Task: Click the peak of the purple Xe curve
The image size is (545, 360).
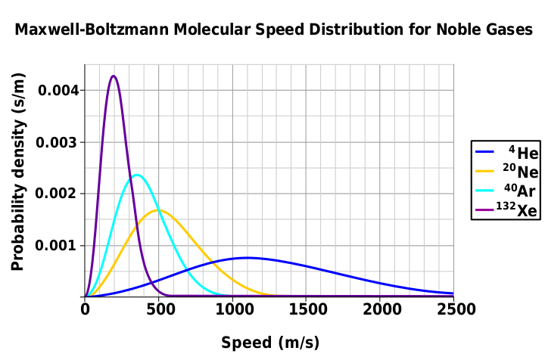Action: click(x=114, y=76)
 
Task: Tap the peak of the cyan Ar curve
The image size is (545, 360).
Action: click(x=136, y=175)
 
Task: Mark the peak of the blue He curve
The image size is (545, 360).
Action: click(x=247, y=258)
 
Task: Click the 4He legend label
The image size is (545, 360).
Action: click(x=524, y=152)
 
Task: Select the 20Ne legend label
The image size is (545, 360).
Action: click(x=520, y=171)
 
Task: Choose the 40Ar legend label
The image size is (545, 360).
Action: click(x=519, y=190)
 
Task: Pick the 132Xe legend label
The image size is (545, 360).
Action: click(x=516, y=209)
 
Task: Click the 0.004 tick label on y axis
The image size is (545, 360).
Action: click(x=59, y=91)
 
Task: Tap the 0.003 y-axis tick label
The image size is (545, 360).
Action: click(x=56, y=142)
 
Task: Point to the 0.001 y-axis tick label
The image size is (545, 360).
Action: click(x=56, y=246)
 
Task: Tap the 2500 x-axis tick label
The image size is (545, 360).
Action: click(x=456, y=309)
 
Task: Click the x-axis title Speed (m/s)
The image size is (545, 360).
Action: click(x=270, y=343)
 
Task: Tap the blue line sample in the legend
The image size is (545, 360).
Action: click(x=484, y=152)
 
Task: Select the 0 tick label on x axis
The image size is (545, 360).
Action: click(x=85, y=309)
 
